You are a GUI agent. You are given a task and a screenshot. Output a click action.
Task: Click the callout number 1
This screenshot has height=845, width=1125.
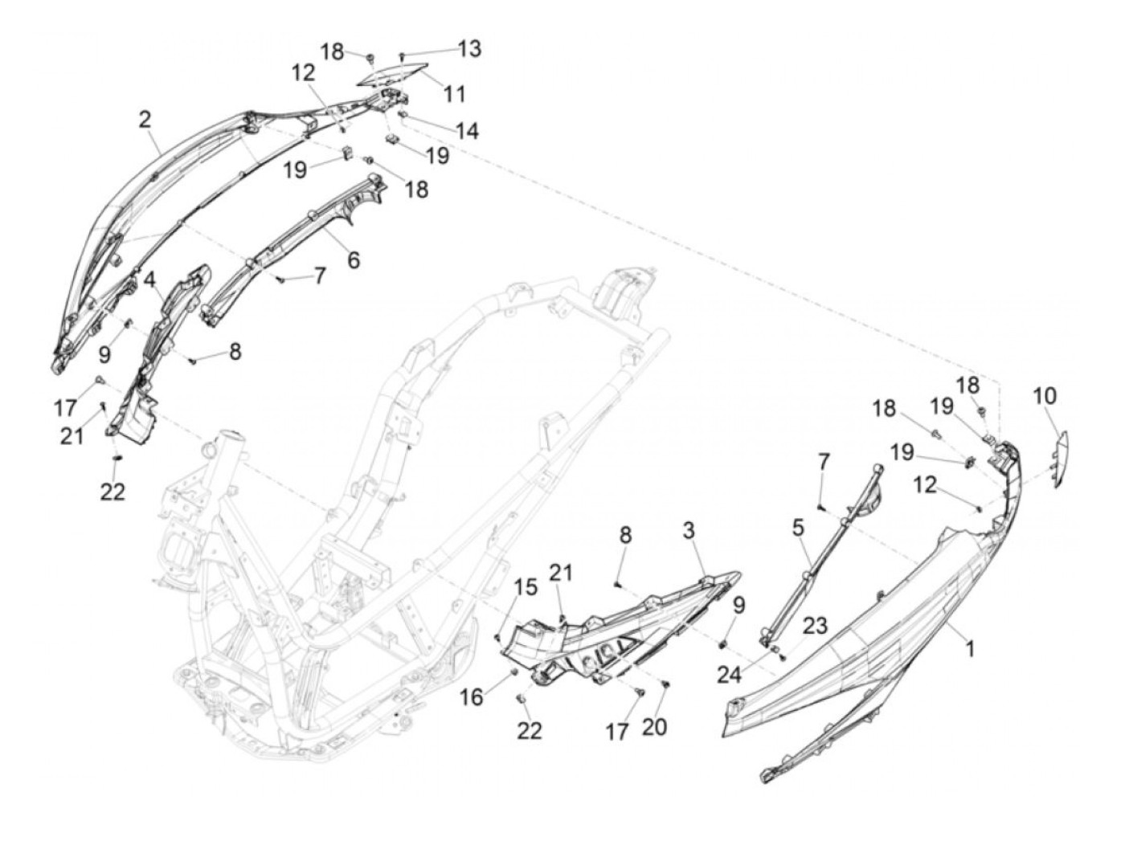pyautogui.click(x=970, y=648)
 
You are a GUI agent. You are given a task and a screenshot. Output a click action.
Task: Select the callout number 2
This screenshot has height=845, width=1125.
pyautogui.click(x=145, y=120)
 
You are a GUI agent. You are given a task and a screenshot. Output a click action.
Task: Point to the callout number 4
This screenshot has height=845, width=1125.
pyautogui.click(x=150, y=280)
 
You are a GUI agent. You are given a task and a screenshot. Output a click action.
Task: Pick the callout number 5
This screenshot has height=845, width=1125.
pyautogui.click(x=797, y=529)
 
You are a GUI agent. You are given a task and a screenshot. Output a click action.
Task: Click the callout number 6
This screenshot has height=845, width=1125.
pyautogui.click(x=353, y=259)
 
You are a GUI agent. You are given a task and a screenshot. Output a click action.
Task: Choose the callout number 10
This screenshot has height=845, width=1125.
pyautogui.click(x=1045, y=396)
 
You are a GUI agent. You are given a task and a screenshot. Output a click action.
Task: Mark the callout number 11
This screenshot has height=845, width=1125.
pyautogui.click(x=455, y=94)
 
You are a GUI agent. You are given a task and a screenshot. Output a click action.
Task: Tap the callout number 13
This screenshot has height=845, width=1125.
pyautogui.click(x=470, y=49)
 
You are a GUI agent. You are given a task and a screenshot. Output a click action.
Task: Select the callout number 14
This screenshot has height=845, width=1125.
pyautogui.click(x=467, y=130)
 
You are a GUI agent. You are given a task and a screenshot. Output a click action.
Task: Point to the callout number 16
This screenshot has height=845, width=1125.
pyautogui.click(x=472, y=697)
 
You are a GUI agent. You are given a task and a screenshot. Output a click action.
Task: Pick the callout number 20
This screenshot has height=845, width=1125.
pyautogui.click(x=655, y=727)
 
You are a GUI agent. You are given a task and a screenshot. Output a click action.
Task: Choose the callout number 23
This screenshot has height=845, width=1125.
pyautogui.click(x=815, y=627)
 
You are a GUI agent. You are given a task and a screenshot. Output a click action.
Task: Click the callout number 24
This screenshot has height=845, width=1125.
pyautogui.click(x=729, y=674)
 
